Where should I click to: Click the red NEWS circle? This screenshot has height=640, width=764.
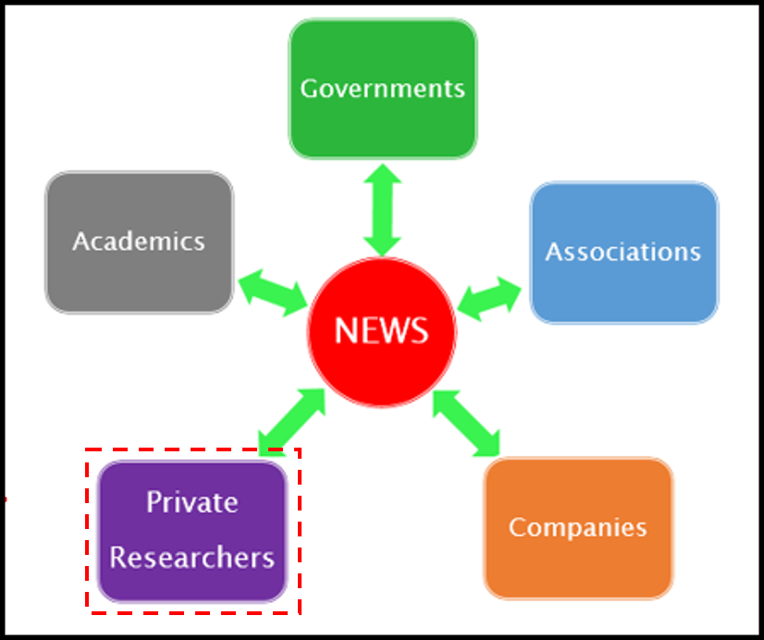(x=382, y=332)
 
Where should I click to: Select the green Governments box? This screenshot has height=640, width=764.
(x=383, y=89)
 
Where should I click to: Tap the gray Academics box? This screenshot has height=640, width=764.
(x=140, y=242)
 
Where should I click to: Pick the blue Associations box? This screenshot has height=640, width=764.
(x=624, y=252)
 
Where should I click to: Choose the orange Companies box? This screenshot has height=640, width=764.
(x=578, y=528)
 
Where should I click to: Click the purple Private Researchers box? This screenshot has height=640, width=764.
(x=192, y=532)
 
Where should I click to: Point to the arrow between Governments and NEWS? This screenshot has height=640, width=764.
(x=383, y=210)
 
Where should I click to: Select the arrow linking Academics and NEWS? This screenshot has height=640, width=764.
(x=273, y=293)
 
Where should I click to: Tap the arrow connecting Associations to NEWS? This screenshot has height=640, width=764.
(x=489, y=299)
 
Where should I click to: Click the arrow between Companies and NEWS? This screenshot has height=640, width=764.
(x=466, y=424)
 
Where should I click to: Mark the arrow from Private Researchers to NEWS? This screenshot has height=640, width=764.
(x=291, y=423)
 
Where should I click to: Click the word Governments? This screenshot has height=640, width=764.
(x=383, y=89)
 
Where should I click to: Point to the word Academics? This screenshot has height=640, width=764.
(x=139, y=241)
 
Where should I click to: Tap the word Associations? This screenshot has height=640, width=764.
(x=623, y=252)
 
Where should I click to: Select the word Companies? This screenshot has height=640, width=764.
(x=578, y=528)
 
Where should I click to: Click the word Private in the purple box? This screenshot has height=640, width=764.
(x=192, y=501)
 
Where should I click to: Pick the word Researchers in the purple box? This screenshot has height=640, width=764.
(x=192, y=558)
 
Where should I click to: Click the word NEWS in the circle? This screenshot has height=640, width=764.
(x=381, y=331)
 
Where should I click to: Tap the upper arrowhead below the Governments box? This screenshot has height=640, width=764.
(x=383, y=173)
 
